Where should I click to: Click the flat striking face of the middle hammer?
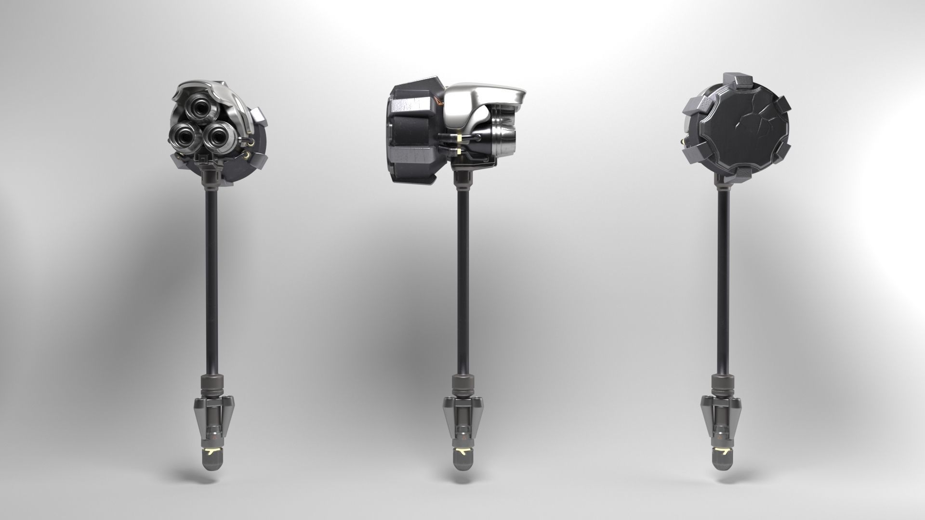tap(391, 132)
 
